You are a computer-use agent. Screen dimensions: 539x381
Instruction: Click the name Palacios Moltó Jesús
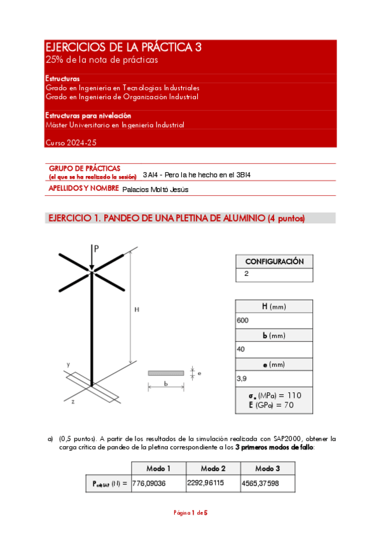pyautogui.click(x=155, y=189)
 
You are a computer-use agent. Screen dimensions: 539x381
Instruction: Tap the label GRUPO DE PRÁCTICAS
pyautogui.click(x=85, y=168)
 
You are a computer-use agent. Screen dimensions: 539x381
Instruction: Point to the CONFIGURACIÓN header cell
pyautogui.click(x=274, y=261)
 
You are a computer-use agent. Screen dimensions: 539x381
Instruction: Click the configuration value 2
pyautogui.click(x=246, y=275)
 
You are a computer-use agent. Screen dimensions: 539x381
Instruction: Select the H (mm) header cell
pyautogui.click(x=274, y=307)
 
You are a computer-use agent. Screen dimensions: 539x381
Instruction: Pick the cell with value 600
pyautogui.click(x=242, y=321)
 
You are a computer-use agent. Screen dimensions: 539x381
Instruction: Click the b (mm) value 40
pyautogui.click(x=241, y=349)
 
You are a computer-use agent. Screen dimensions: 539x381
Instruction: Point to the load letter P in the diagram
pyautogui.click(x=96, y=249)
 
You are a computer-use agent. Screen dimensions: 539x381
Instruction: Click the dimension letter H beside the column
pyautogui.click(x=136, y=310)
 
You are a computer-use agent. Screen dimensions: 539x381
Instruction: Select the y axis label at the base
pyautogui.click(x=67, y=364)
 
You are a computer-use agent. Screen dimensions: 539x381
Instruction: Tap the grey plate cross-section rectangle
pyautogui.click(x=166, y=373)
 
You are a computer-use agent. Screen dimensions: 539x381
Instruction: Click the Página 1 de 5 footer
pyautogui.click(x=191, y=513)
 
